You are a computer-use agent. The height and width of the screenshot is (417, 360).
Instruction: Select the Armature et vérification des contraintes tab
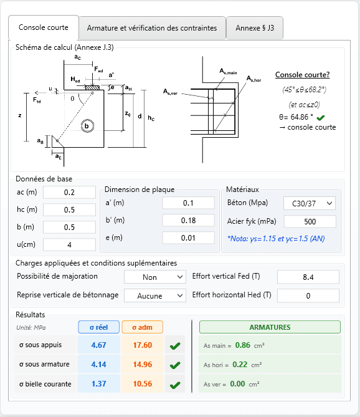coord(152,28)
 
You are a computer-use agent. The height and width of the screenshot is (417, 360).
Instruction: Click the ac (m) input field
coord(69,193)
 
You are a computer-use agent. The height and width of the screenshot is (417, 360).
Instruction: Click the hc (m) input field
coord(69,210)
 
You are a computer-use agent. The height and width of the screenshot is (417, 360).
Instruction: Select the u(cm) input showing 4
coord(69,245)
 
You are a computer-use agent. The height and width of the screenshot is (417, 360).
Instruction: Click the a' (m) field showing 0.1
coord(188,203)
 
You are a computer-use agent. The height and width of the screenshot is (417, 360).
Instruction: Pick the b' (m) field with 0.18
coord(188,221)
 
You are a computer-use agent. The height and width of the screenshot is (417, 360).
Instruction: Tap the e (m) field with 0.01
coord(188,238)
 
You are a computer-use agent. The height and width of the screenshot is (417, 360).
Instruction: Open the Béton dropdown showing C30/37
coord(310,203)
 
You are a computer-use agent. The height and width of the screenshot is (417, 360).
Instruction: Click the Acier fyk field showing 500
coord(310,222)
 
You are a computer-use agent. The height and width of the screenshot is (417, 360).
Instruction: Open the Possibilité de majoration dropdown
coord(155,277)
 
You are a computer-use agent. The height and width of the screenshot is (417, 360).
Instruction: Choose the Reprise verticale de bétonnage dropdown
coord(155,295)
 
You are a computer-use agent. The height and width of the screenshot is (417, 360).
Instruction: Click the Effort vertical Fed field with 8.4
coord(308,277)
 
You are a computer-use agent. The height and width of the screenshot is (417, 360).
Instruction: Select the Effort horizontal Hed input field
coord(308,295)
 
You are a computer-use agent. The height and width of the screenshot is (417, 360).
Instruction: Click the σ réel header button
coord(98,327)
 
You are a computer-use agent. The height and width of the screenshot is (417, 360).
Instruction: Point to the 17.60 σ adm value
coord(143,345)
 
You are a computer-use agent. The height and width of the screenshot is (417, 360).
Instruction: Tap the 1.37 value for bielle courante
coord(98,383)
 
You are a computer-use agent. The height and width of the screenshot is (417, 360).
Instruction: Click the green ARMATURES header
coord(270,327)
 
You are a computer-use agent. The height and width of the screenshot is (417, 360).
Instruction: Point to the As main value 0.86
coord(243,345)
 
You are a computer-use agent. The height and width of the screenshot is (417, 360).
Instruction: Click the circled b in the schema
coord(88,125)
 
